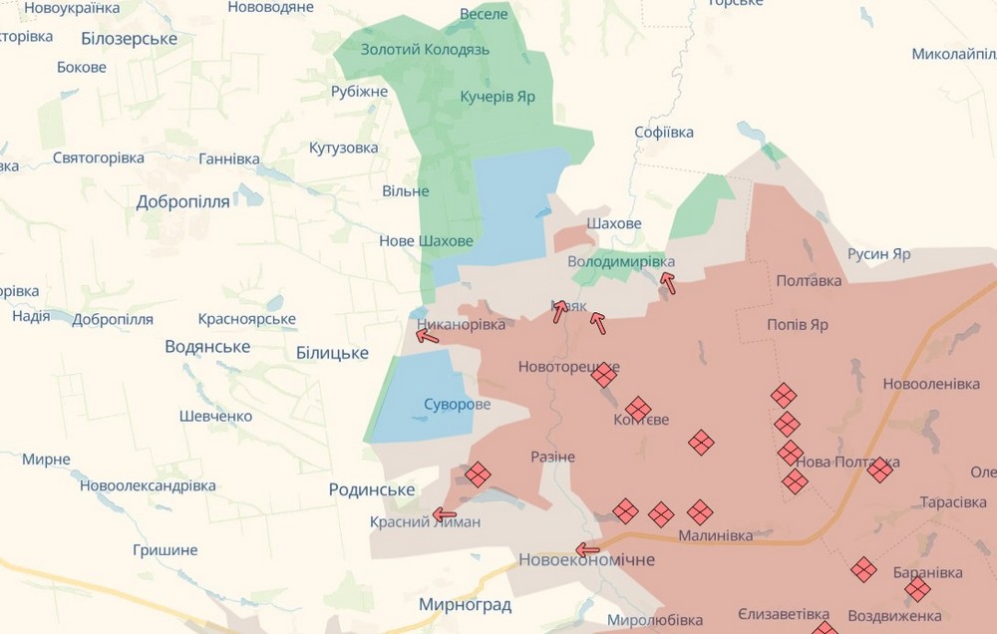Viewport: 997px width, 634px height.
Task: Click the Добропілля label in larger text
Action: [182, 201]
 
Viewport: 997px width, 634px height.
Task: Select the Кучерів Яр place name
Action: [498, 97]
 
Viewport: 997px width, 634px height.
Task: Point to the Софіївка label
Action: [664, 132]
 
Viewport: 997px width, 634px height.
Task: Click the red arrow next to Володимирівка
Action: [667, 283]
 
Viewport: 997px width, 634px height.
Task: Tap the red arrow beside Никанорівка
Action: [427, 337]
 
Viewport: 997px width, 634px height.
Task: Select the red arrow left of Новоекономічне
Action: [588, 549]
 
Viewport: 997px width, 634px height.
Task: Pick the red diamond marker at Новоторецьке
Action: [603, 375]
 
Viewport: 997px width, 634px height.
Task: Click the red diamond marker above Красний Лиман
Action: [478, 474]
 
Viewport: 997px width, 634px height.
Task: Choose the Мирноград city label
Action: [465, 605]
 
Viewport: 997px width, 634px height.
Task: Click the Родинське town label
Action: [371, 489]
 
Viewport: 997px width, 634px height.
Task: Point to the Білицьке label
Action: [332, 353]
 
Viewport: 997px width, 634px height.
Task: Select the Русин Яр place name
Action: [878, 254]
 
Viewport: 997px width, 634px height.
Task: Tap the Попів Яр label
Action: [798, 325]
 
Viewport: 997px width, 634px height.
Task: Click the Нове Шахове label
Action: [426, 240]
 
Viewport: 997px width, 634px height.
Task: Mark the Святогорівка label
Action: [98, 158]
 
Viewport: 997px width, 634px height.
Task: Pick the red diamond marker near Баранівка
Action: [918, 590]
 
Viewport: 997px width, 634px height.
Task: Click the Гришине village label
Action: [165, 549]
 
